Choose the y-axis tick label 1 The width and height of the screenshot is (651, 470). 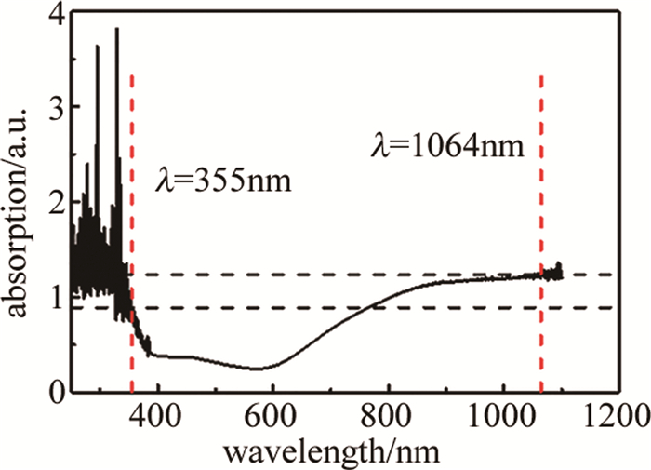click(x=58, y=297)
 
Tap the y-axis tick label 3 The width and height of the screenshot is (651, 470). click(x=58, y=108)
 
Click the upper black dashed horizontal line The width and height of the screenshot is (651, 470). click(x=372, y=275)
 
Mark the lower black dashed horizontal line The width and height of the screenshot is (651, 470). click(x=372, y=308)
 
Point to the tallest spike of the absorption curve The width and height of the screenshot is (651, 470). click(x=116, y=31)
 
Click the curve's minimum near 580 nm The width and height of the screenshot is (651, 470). click(x=259, y=369)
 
